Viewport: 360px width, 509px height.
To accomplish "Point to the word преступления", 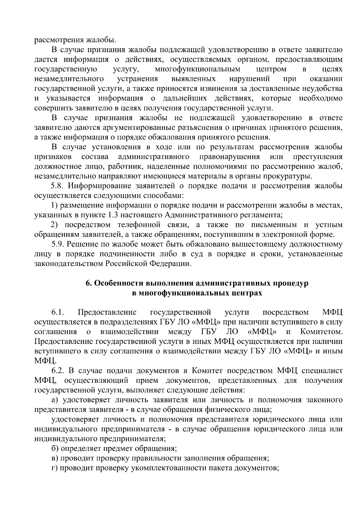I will (318, 157).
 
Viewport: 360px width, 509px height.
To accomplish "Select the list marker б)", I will (55, 449).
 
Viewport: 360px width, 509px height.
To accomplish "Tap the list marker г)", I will (55, 468).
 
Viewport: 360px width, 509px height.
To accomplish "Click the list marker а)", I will (55, 400).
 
